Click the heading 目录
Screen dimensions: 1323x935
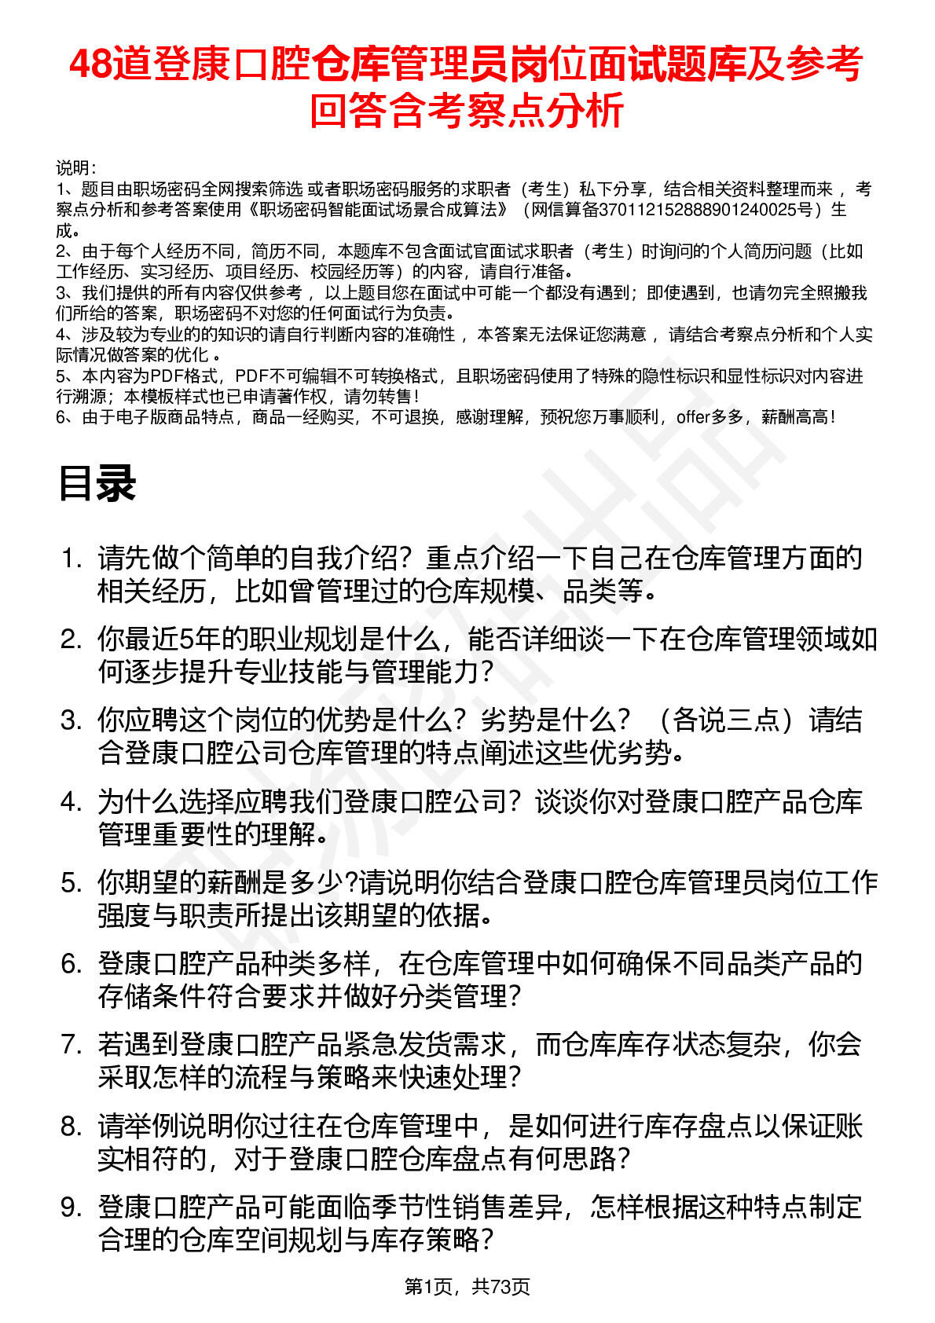point(97,483)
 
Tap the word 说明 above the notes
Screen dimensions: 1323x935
point(74,168)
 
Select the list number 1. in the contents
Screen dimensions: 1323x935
point(71,559)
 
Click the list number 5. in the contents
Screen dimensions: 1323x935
point(71,883)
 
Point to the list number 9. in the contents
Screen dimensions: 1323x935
point(71,1208)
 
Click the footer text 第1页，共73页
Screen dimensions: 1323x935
point(467,1286)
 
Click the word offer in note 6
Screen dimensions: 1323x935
point(693,417)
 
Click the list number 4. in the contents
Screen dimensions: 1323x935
point(71,802)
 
